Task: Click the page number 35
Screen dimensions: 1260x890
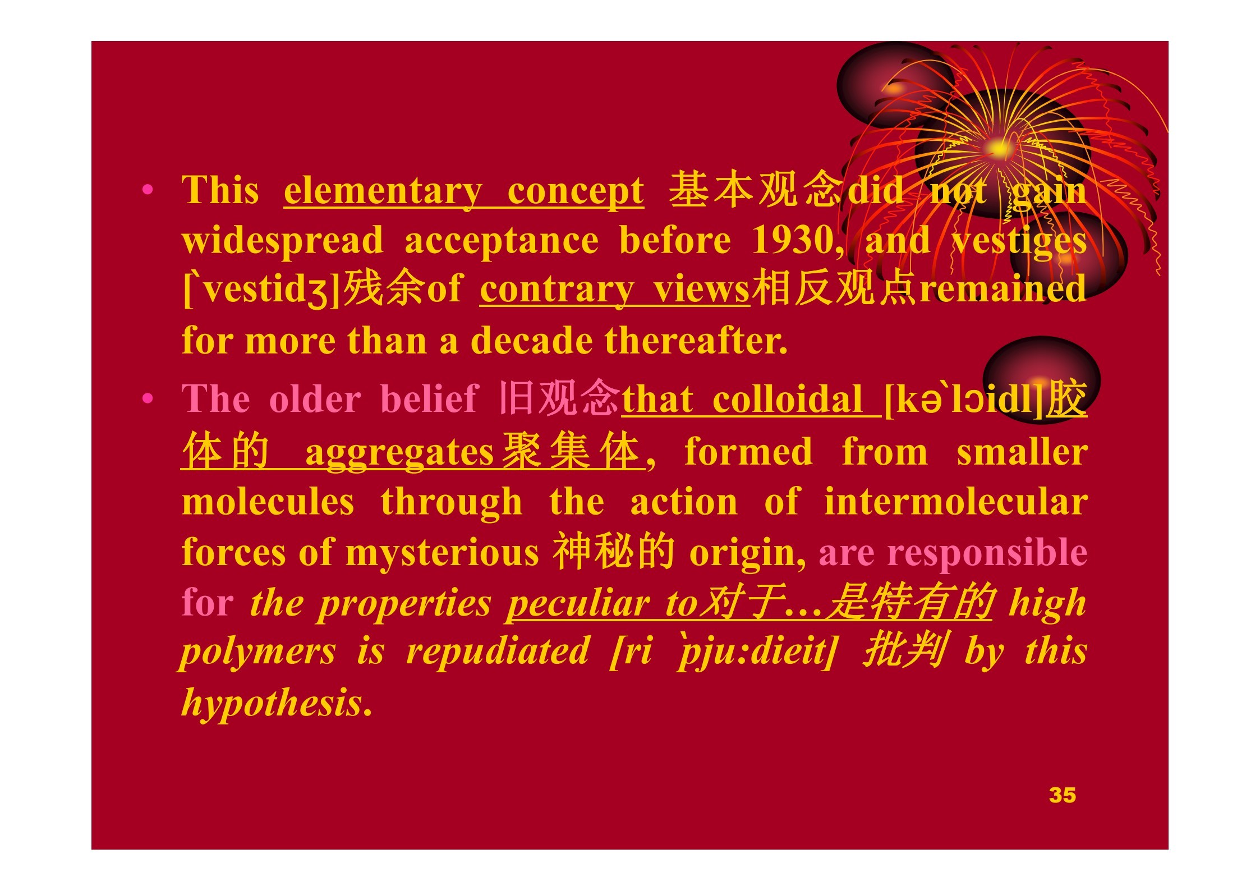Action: click(1062, 795)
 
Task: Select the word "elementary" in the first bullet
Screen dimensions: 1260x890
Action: click(383, 191)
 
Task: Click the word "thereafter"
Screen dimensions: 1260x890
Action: click(695, 341)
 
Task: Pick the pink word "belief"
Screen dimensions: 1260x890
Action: click(429, 399)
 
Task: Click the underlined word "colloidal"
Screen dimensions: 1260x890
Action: click(787, 399)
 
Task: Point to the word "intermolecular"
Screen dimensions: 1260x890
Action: click(955, 502)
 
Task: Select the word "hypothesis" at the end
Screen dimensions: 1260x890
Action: click(272, 703)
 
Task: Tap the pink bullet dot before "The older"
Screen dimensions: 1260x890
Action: click(148, 399)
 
